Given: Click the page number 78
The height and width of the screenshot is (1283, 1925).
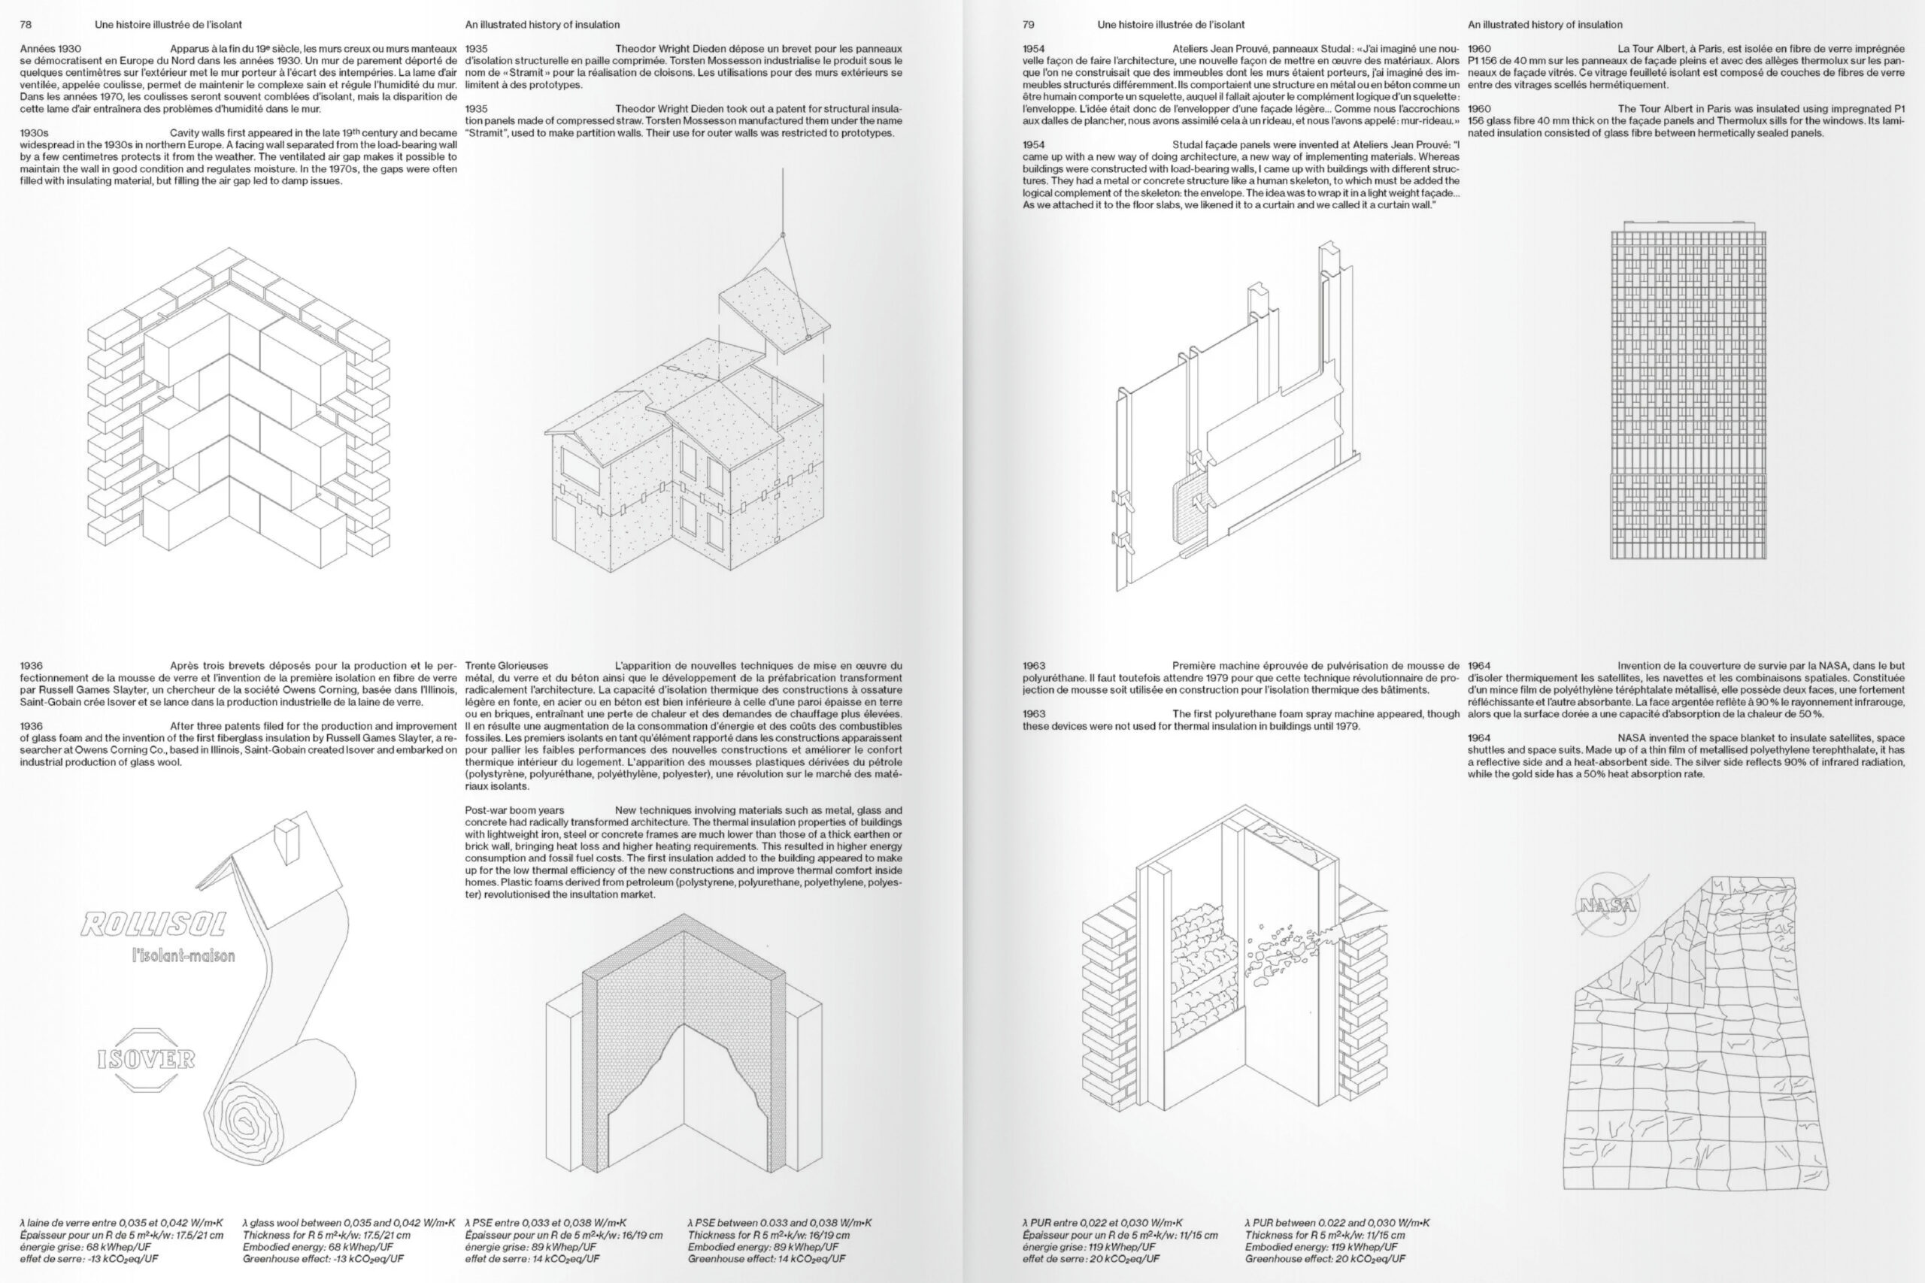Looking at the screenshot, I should [26, 25].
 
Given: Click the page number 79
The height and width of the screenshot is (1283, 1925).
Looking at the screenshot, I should [1028, 25].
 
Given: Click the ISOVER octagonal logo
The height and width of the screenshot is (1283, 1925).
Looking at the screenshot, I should [147, 1059].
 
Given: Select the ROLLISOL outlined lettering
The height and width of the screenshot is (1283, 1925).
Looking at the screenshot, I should [153, 924].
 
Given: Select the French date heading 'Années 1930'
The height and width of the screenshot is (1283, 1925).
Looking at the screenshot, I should [50, 49].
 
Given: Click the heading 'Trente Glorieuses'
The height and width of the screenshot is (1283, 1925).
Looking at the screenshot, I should [507, 665].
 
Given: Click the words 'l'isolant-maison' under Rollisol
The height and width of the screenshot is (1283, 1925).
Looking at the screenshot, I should [183, 955].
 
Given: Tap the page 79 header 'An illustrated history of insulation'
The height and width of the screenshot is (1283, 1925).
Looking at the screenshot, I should [1545, 25].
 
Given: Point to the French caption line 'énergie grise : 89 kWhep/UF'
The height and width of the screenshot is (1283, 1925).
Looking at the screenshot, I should [530, 1247].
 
